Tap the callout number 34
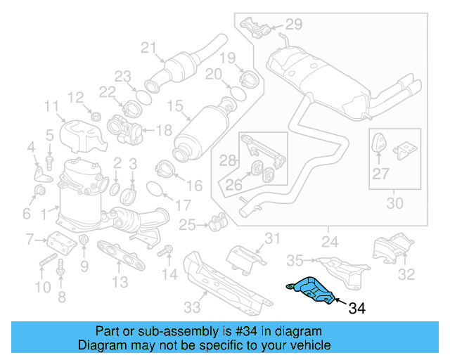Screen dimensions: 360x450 357,307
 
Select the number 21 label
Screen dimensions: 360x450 147,48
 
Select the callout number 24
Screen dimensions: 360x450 328,243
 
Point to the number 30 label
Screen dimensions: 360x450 395,204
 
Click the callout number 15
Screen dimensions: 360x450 174,106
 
